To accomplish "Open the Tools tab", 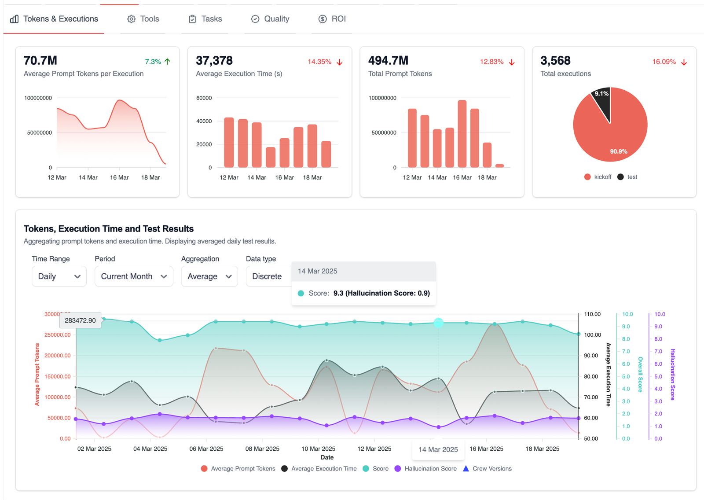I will click(143, 19).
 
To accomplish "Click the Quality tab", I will click(270, 19).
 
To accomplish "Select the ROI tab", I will click(332, 19).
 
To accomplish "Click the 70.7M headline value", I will click(40, 60).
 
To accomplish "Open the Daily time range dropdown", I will click(59, 276).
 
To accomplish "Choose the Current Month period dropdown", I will click(134, 276).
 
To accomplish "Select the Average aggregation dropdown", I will click(209, 276).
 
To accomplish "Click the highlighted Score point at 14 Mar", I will click(439, 323).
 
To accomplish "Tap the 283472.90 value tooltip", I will click(80, 320).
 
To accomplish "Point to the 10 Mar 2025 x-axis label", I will click(318, 449).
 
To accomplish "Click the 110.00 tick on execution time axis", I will click(592, 314).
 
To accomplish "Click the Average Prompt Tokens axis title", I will click(37, 374).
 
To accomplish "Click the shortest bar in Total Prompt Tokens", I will click(499, 165).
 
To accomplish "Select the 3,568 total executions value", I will click(555, 60).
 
